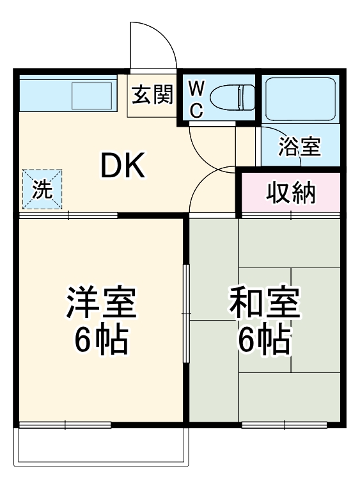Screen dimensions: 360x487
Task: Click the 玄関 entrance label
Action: [152, 95]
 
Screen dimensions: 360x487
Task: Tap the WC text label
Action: [196, 99]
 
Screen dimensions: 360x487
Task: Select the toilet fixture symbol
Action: [232, 98]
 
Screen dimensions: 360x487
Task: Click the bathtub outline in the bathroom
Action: [301, 99]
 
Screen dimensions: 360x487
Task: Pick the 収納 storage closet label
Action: [291, 193]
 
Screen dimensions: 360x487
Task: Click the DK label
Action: [123, 165]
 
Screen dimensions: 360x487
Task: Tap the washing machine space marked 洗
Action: [42, 189]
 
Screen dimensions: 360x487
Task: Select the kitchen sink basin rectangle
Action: [92, 95]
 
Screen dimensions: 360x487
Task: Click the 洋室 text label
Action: [101, 302]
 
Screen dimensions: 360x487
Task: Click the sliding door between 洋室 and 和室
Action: [186, 314]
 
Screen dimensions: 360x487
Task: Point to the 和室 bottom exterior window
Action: [285, 424]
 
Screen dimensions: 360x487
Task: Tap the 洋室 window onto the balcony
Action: [65, 424]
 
